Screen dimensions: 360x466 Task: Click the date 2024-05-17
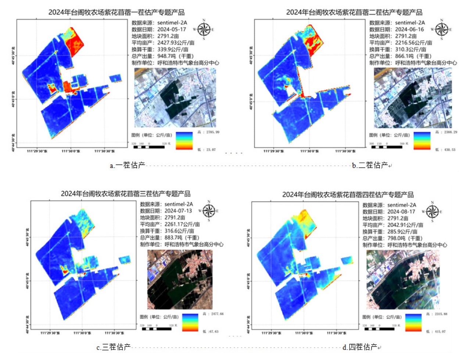[x=172, y=29]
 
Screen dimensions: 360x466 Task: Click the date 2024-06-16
[x=409, y=29]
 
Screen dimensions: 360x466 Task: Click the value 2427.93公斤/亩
[x=176, y=43]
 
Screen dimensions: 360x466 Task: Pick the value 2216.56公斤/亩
[x=413, y=43]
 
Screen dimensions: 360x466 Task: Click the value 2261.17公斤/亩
[x=182, y=224]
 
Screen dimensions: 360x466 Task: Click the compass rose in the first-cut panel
[x=204, y=29]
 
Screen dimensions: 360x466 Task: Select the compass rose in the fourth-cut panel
[x=432, y=211]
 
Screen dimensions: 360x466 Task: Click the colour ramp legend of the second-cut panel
[x=422, y=140]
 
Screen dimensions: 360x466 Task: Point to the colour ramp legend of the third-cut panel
[x=190, y=322]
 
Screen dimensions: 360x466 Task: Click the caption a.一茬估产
[x=128, y=165]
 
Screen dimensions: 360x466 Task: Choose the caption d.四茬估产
[x=360, y=347]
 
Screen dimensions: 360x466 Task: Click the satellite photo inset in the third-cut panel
[x=180, y=279]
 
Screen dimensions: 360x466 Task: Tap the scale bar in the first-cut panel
[x=148, y=147]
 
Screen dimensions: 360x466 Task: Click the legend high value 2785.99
[x=212, y=132]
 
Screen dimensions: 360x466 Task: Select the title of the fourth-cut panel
[x=348, y=195]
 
